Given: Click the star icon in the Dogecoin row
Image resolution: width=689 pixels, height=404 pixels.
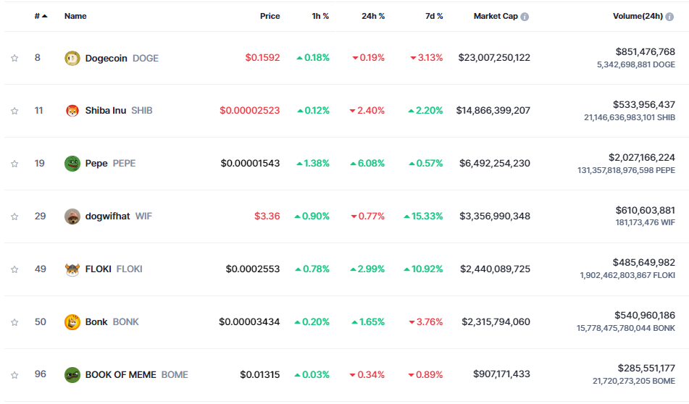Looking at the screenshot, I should point(14,58).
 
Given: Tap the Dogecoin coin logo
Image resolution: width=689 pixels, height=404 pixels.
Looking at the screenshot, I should point(72,58).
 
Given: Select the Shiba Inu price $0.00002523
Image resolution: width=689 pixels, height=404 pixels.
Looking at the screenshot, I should point(250,111).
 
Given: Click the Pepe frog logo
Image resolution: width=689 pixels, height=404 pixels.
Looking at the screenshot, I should point(72,164).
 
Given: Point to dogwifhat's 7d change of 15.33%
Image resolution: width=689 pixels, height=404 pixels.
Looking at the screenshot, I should point(426,216).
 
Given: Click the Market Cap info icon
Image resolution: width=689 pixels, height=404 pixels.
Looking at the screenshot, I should point(525,17).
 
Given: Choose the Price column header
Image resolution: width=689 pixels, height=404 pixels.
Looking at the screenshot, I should point(270,16).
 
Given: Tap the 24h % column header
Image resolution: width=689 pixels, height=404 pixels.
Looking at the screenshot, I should point(373,16).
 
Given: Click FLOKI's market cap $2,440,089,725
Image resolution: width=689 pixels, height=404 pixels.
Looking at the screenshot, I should point(495,269).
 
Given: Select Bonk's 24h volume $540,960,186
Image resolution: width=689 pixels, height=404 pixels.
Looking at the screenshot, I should point(645,316).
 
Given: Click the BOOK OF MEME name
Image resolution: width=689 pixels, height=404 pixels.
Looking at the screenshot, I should point(121,375).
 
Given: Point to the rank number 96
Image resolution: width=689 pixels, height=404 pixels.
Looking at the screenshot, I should point(41,374).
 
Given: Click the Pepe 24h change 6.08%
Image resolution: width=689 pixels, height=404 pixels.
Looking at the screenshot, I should point(367,164).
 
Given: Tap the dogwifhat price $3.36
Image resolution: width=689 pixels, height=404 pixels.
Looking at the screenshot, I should point(267,216).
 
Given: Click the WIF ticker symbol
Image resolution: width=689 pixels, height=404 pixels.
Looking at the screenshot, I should point(143,216).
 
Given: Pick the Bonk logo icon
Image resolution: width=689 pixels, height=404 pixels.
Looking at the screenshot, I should point(72,322).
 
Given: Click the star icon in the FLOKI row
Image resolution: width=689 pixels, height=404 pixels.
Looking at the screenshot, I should point(14,269).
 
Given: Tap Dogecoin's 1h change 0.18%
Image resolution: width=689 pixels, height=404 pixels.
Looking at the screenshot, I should point(313,58).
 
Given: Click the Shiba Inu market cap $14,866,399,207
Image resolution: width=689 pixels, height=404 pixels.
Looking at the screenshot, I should point(493,111).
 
